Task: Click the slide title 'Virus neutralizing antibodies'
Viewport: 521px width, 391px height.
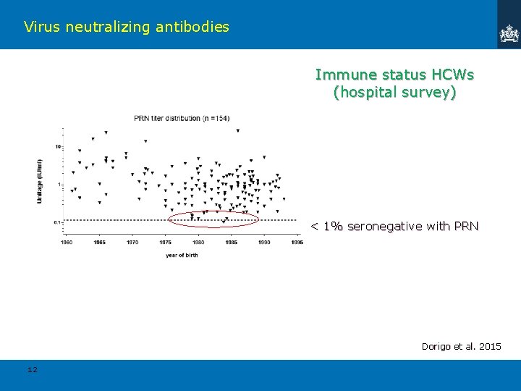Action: point(126,28)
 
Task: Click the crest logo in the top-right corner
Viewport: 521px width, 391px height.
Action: point(509,33)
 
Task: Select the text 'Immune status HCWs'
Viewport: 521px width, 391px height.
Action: point(394,75)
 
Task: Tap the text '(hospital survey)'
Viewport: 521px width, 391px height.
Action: point(394,92)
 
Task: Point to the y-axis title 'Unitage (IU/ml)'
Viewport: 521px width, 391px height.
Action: point(40,180)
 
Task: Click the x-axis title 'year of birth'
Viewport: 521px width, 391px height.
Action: point(181,255)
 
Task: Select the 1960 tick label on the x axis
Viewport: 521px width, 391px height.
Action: point(67,242)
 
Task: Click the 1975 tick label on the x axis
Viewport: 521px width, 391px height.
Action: point(165,242)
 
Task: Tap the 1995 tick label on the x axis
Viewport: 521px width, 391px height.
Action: point(297,242)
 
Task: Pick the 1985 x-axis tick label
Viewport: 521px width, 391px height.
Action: point(231,242)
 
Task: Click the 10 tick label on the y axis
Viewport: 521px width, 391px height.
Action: point(57,147)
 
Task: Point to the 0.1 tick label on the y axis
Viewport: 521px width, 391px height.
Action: point(56,222)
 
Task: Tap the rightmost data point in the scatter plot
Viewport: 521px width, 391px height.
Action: point(284,198)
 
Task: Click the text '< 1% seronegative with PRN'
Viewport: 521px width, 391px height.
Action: point(394,227)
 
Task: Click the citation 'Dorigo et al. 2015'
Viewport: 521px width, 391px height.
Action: point(461,347)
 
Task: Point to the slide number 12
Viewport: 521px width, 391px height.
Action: point(32,370)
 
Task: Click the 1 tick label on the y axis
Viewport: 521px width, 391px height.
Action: point(59,185)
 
